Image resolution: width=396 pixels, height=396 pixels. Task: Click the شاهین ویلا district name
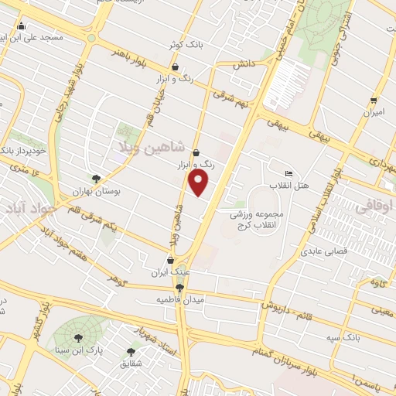tap(150, 146)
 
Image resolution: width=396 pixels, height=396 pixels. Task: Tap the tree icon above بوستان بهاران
tap(96, 179)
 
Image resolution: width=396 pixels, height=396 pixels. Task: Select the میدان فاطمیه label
tap(179, 299)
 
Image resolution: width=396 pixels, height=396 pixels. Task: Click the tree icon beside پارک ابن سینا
tap(77, 337)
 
